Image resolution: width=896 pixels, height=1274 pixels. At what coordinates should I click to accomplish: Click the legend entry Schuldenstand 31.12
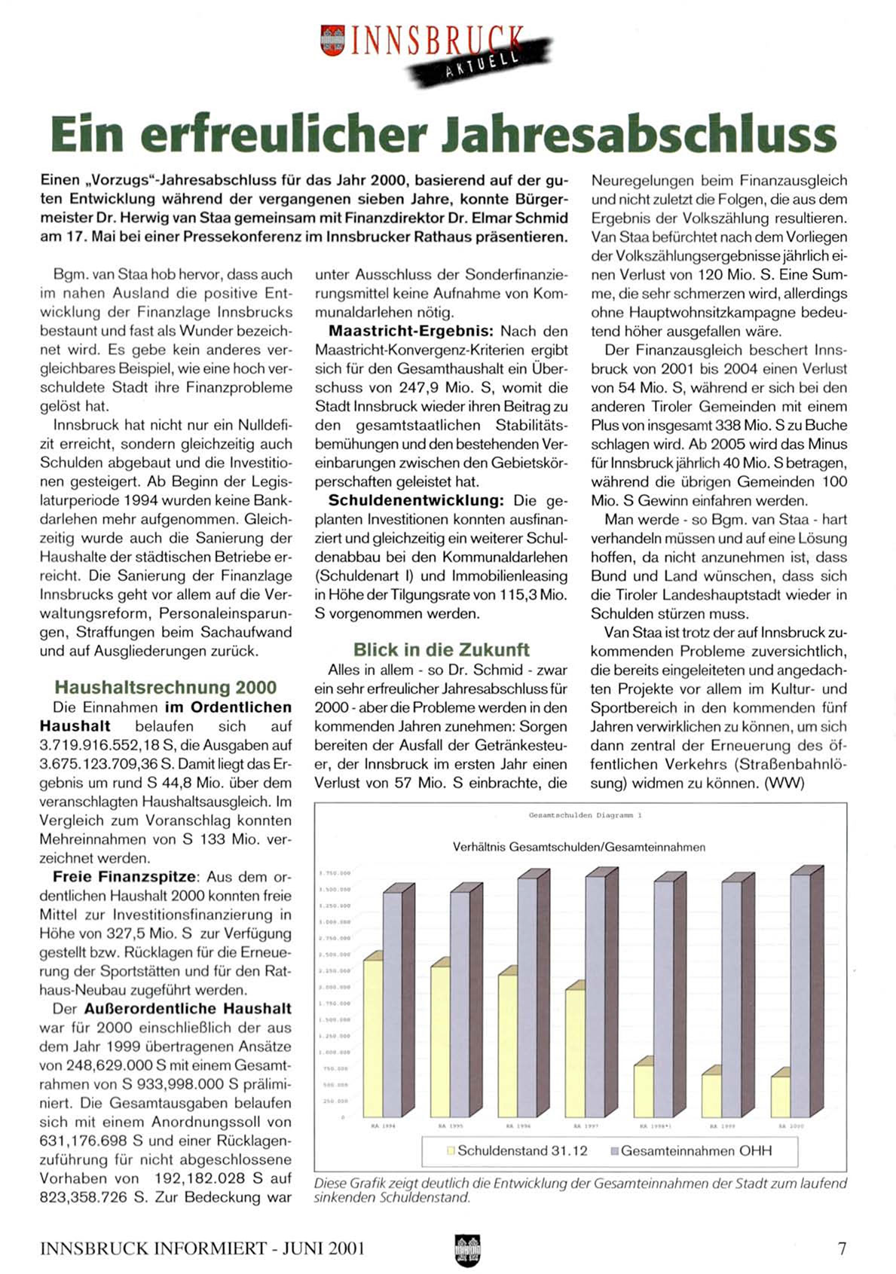517,1150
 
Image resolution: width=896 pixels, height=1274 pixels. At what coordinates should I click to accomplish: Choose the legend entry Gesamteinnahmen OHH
690,1150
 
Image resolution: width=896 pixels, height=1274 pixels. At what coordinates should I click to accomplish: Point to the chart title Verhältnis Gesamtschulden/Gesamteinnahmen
579,847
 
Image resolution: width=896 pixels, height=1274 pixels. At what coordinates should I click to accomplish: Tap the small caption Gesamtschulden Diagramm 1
585,815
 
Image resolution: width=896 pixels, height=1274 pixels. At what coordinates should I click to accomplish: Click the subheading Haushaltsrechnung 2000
165,687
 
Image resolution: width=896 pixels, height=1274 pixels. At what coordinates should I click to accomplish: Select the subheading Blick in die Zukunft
441,649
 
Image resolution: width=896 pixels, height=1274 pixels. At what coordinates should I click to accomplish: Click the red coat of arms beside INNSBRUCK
332,40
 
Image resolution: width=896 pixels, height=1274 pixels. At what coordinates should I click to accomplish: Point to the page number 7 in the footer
842,1248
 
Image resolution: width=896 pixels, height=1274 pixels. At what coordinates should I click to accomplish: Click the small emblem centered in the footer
467,1250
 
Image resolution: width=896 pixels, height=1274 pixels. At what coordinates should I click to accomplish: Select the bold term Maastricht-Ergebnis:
411,331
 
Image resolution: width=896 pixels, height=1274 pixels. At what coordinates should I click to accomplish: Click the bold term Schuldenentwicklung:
415,500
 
